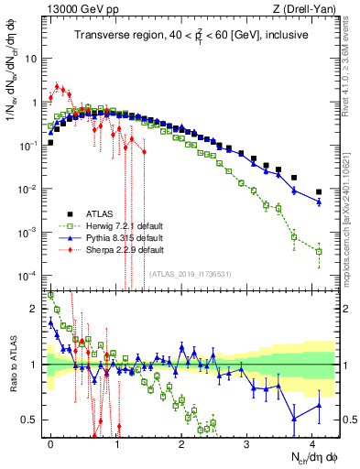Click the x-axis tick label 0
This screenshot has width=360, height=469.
click(50, 442)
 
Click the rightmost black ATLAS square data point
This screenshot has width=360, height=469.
click(319, 191)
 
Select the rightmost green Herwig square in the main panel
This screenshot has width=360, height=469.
click(319, 251)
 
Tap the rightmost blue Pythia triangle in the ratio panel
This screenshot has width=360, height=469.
click(319, 405)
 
